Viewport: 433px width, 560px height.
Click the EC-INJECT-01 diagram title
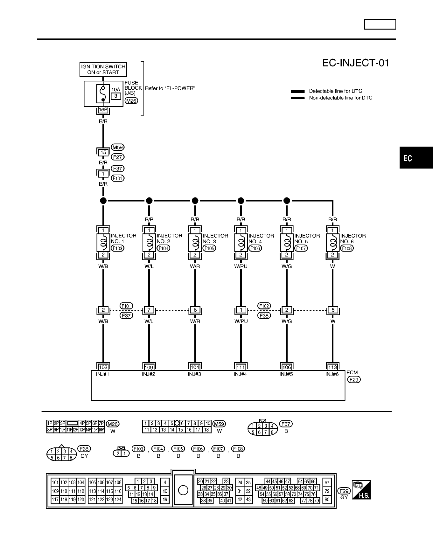(356, 63)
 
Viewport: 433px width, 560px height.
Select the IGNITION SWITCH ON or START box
(103, 69)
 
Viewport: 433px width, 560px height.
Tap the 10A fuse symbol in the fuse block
(103, 93)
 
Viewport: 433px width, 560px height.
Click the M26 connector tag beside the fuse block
(131, 101)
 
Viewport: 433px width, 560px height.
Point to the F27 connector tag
(117, 157)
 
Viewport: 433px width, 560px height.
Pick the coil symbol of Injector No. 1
(103, 243)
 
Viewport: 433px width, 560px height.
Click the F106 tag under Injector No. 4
(255, 248)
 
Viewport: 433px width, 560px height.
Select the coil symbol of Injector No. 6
(332, 243)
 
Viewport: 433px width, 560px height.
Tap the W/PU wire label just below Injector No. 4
(241, 266)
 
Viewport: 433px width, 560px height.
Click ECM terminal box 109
(149, 367)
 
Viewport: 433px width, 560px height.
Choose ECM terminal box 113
(332, 367)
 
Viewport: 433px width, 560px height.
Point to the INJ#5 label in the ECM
(286, 374)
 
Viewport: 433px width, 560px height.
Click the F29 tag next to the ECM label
(354, 379)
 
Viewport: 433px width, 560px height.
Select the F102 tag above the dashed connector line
(264, 306)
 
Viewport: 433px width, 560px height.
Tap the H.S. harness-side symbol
(361, 490)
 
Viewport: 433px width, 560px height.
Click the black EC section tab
(416, 158)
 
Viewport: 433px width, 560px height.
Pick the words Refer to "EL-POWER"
(171, 88)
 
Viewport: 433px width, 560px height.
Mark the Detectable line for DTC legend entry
(326, 91)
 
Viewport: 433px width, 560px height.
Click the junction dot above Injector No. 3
(195, 201)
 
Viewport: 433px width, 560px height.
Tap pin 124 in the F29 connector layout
(118, 500)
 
